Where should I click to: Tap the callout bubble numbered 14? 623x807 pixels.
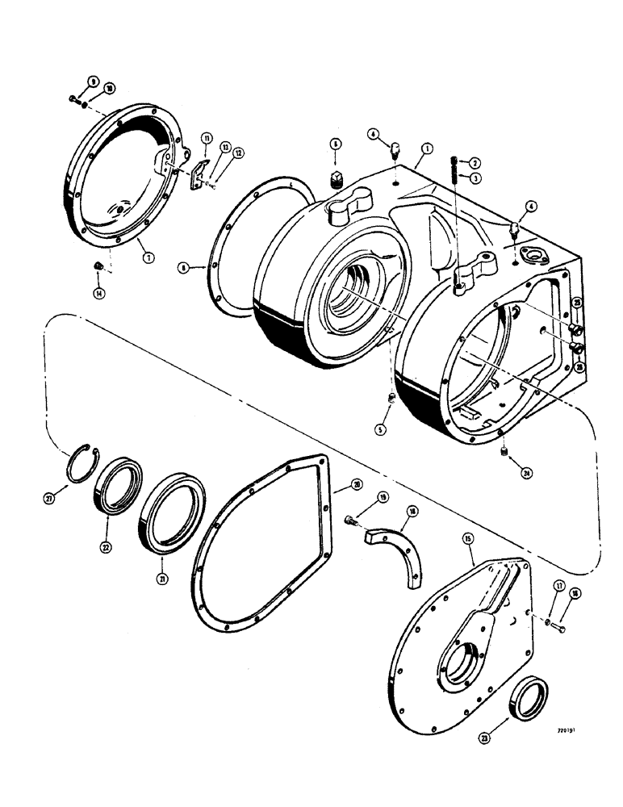(98, 295)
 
